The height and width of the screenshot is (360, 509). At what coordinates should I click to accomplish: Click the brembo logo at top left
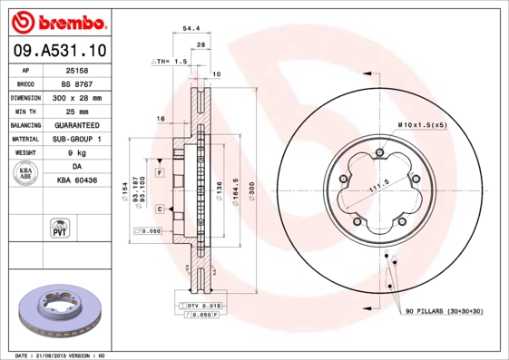pyautogui.click(x=60, y=21)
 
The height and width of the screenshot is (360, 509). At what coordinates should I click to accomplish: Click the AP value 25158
pyautogui.click(x=77, y=70)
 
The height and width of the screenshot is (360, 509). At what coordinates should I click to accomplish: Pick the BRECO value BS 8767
pyautogui.click(x=77, y=83)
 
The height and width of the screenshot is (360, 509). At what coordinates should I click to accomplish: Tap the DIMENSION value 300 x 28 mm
pyautogui.click(x=77, y=97)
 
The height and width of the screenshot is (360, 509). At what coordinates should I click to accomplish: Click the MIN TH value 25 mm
pyautogui.click(x=77, y=111)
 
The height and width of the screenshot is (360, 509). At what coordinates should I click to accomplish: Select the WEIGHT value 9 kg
pyautogui.click(x=77, y=153)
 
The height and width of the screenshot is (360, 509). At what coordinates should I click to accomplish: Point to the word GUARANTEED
pyautogui.click(x=77, y=124)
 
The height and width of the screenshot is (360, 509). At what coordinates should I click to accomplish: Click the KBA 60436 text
pyautogui.click(x=77, y=181)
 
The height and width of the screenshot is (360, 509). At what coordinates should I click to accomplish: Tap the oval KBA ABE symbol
pyautogui.click(x=26, y=174)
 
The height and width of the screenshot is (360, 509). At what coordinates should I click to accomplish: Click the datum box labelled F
pyautogui.click(x=159, y=172)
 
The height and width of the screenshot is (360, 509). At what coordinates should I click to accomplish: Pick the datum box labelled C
pyautogui.click(x=159, y=209)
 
